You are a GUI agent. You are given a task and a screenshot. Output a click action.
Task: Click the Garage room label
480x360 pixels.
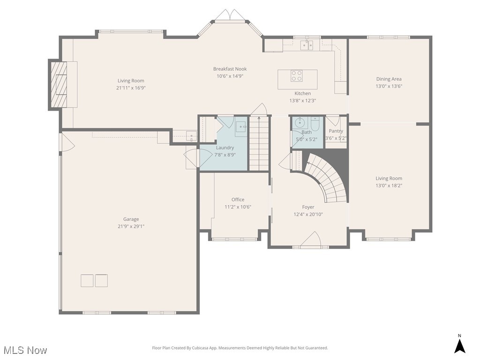(x=131, y=219)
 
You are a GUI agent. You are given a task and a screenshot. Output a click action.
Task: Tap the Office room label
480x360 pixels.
(x=238, y=200)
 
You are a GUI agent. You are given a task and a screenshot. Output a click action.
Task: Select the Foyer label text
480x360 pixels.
(x=308, y=207)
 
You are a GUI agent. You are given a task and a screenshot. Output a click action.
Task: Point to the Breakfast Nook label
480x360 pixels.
(x=230, y=69)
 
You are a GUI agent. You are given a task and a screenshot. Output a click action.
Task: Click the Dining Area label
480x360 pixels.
(x=389, y=79)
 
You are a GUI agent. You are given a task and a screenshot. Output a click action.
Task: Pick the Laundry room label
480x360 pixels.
(x=225, y=148)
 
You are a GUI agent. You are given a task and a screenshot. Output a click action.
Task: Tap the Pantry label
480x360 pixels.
(x=336, y=131)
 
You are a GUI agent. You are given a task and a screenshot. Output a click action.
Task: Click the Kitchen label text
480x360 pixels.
(x=303, y=93)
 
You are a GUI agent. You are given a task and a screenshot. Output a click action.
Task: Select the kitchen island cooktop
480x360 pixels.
(x=297, y=75)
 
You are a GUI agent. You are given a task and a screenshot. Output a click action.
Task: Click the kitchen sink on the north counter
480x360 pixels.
(x=307, y=45)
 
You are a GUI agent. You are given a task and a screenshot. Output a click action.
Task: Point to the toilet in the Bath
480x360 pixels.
(x=315, y=125)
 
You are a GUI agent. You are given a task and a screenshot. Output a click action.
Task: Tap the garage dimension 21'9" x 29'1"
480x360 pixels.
(x=131, y=226)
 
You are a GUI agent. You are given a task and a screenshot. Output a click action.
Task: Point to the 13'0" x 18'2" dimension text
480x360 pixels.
(x=389, y=186)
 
